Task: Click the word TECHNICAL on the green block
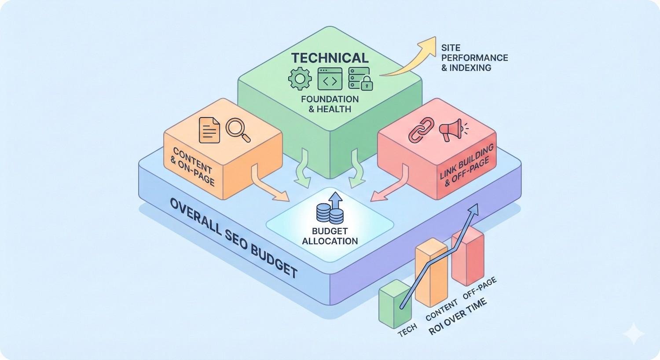(x=330, y=58)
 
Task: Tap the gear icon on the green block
(x=300, y=79)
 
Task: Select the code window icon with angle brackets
(x=330, y=79)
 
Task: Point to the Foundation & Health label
(x=330, y=103)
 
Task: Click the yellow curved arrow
(x=409, y=59)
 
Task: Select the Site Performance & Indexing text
(x=474, y=57)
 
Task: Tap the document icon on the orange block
(x=209, y=130)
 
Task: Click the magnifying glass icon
(x=238, y=129)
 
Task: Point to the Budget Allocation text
(x=330, y=236)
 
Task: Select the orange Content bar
(x=432, y=275)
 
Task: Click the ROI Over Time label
(x=458, y=316)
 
